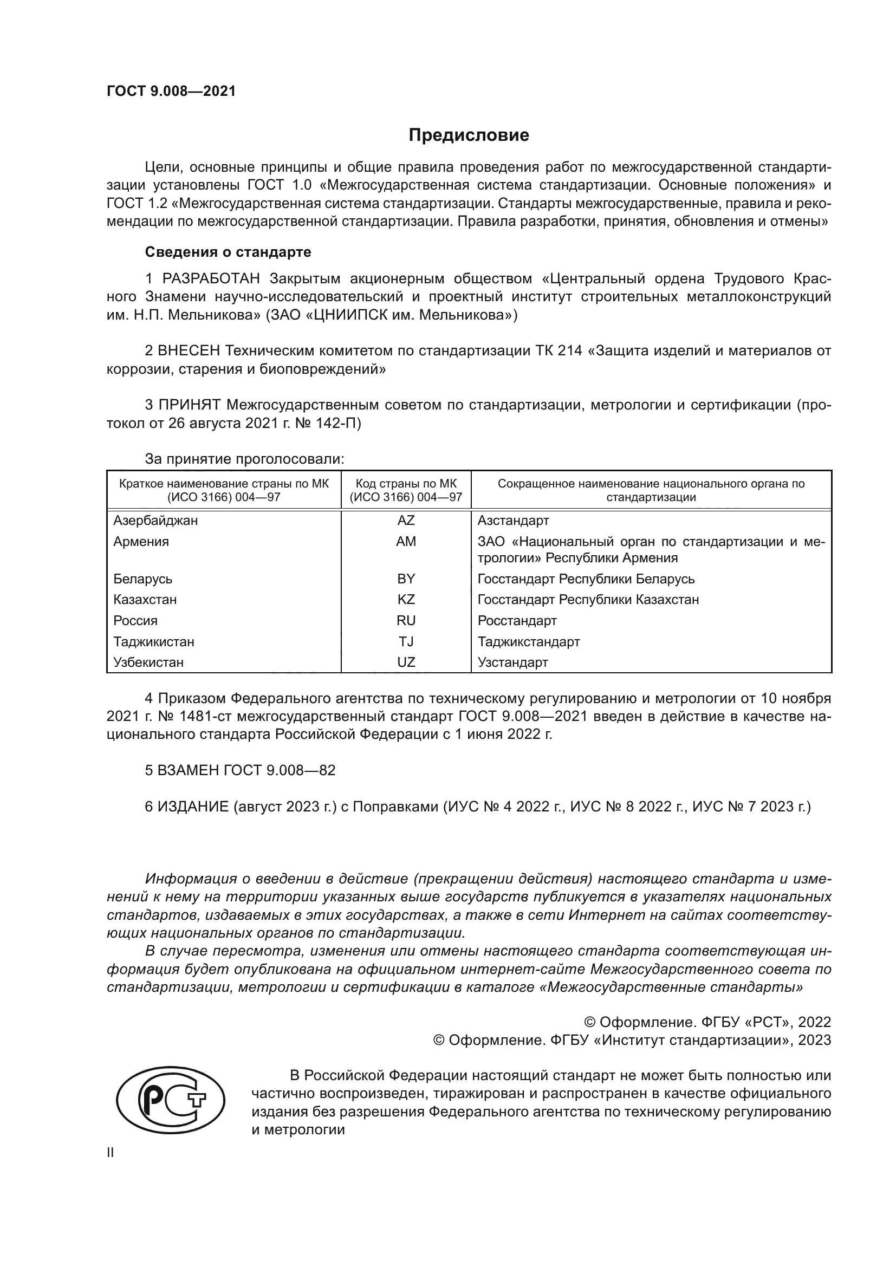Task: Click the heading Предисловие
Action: pos(469,135)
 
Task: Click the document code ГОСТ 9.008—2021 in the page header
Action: pos(171,92)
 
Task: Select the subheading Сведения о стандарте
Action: pos(228,252)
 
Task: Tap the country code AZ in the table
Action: pos(406,521)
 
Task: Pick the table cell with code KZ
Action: pos(406,599)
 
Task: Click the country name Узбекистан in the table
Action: pos(148,662)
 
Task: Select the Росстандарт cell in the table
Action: pos(517,620)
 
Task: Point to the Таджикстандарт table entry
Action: pos(529,642)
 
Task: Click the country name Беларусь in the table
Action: pos(143,579)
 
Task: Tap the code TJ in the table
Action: pos(406,642)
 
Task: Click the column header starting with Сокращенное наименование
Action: pos(651,490)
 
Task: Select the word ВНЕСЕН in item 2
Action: pos(189,351)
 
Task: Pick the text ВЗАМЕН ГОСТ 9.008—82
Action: pos(240,770)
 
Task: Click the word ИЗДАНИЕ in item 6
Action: pos(192,807)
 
